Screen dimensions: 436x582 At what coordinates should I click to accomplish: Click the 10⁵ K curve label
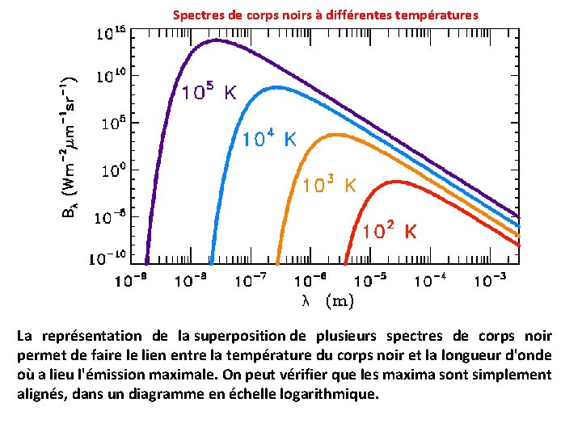[x=208, y=92]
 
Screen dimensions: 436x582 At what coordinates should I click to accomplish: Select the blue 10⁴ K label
[x=269, y=138]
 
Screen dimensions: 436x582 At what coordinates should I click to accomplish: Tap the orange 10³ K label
[x=329, y=185]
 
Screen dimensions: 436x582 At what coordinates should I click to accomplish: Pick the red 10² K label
[x=390, y=231]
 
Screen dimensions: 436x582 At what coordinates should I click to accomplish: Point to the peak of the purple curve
[x=215, y=40]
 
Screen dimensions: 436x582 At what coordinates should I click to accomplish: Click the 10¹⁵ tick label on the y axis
[x=112, y=34]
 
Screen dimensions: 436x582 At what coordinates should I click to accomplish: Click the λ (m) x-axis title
[x=327, y=301]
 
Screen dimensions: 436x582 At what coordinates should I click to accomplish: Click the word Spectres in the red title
[x=196, y=15]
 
